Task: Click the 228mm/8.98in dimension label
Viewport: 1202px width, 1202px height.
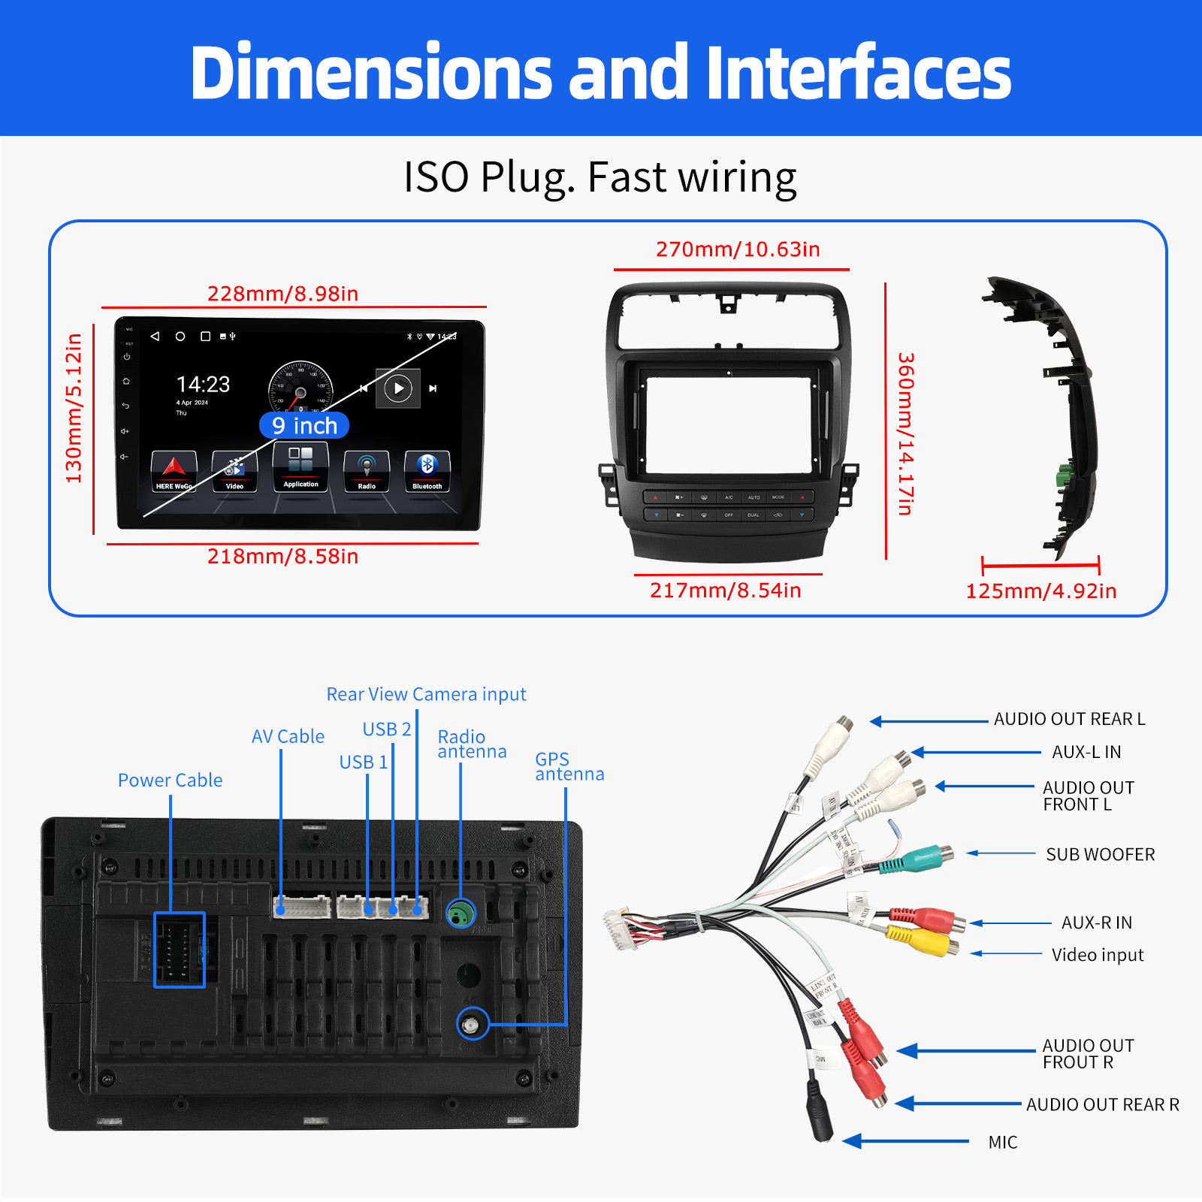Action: [282, 294]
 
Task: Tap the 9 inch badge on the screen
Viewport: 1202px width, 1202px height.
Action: [304, 425]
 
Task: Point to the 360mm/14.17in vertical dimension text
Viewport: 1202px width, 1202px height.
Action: [906, 433]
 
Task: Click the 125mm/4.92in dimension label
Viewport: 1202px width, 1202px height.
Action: [1040, 591]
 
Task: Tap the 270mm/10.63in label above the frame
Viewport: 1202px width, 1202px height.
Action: [738, 249]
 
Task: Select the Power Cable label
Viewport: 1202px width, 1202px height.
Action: [170, 781]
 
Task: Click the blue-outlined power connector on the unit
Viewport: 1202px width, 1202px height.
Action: [180, 950]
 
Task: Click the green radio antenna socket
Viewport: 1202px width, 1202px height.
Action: [461, 914]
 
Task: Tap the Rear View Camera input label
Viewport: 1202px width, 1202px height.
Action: [426, 694]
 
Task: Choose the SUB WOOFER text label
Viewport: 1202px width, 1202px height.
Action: [1100, 855]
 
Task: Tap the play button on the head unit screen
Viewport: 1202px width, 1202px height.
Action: [398, 388]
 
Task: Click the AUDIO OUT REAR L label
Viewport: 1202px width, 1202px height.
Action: [1069, 720]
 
